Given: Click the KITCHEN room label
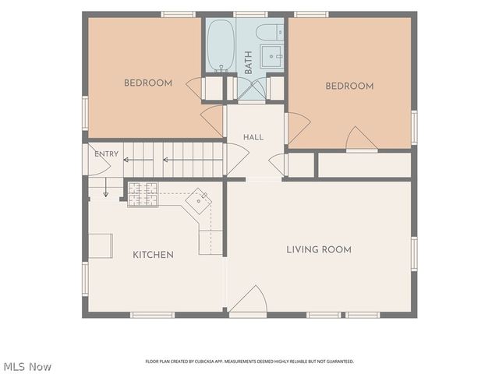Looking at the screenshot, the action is (x=153, y=255).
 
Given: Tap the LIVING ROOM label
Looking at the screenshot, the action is (x=319, y=249).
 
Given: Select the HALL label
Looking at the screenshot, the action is (x=253, y=137).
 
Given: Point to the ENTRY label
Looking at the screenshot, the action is (x=106, y=154).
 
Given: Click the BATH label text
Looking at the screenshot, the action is (x=248, y=62).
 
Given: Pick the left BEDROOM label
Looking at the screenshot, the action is (x=148, y=83).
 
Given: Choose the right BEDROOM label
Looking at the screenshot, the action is (x=349, y=86).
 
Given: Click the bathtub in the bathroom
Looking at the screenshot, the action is (x=221, y=45).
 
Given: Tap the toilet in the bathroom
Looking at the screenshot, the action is (x=270, y=32).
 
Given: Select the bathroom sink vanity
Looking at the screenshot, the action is (x=272, y=56).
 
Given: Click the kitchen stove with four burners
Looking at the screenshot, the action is (x=143, y=194).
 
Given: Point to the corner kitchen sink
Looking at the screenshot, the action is (x=200, y=201).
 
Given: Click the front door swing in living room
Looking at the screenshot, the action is (x=248, y=299).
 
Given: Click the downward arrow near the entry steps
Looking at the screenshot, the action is (x=106, y=187).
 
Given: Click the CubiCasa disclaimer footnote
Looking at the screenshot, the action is (x=249, y=362).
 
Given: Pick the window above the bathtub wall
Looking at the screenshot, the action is (x=250, y=14).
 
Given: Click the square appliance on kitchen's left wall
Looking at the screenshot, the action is (x=101, y=246).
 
